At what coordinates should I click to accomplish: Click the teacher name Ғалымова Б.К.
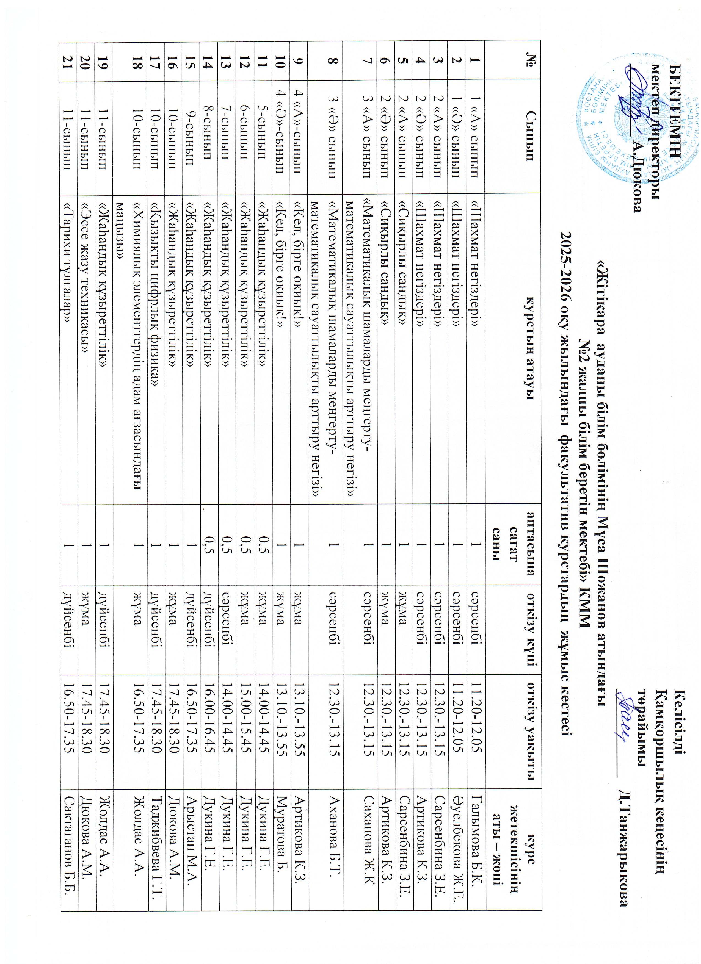coord(476,843)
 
